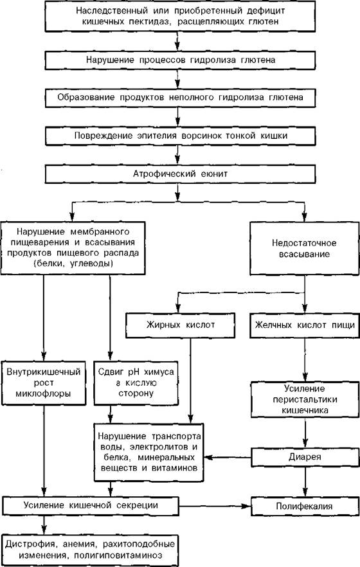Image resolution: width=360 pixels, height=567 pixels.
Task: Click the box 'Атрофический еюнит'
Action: pyautogui.click(x=180, y=174)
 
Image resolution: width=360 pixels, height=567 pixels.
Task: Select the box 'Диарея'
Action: pyautogui.click(x=305, y=457)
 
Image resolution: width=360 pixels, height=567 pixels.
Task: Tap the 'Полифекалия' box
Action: pyautogui.click(x=305, y=506)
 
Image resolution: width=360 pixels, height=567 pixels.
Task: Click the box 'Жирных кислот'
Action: pyautogui.click(x=181, y=325)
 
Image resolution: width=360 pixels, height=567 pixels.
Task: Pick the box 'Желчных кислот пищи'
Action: pyautogui.click(x=305, y=325)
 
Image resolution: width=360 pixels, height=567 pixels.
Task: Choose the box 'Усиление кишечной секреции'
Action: pyautogui.click(x=91, y=505)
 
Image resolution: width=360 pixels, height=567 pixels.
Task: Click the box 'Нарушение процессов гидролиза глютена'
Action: pyautogui.click(x=180, y=60)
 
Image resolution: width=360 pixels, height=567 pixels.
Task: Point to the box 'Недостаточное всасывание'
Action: pyautogui.click(x=304, y=248)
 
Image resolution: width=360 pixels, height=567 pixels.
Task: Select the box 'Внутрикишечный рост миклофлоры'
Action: pyautogui.click(x=44, y=382)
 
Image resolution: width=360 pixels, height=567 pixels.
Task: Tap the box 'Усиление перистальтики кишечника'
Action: pyautogui.click(x=305, y=400)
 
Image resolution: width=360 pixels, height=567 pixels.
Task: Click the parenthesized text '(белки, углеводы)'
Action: pyautogui.click(x=73, y=264)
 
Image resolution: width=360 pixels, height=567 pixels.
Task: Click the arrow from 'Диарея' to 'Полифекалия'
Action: pyautogui.click(x=305, y=482)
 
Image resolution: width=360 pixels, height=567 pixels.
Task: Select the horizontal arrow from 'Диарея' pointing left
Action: pyautogui.click(x=228, y=458)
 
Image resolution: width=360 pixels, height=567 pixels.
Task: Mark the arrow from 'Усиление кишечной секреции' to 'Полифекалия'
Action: pyautogui.click(x=215, y=506)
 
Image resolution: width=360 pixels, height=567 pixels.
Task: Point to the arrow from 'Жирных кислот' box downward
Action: pyautogui.click(x=191, y=381)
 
